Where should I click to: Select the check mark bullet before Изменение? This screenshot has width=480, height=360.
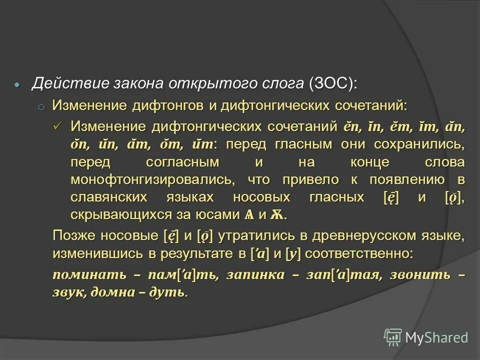pos(58,126)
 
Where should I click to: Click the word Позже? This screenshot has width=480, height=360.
pos(74,235)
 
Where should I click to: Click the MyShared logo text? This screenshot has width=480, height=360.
pos(436,337)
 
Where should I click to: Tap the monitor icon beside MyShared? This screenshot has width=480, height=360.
pos(393,337)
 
